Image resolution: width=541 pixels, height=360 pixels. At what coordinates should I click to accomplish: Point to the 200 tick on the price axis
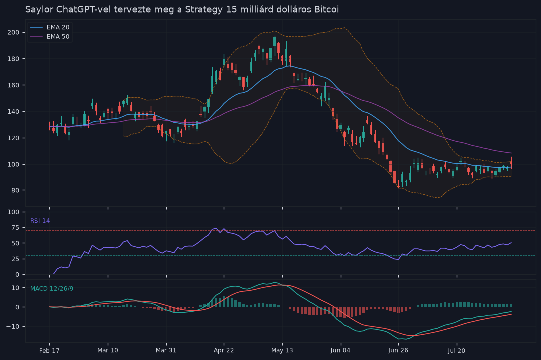[14, 32]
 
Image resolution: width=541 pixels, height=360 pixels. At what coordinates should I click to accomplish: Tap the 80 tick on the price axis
[15, 190]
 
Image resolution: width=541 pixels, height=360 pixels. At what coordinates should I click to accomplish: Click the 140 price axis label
[14, 112]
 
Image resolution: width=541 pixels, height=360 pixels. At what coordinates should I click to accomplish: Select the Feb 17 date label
[49, 351]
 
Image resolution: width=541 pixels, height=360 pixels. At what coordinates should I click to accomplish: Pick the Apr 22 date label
[224, 350]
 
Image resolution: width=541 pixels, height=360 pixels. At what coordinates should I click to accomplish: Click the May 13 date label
[282, 350]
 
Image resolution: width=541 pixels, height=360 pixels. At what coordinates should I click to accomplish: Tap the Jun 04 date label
[340, 350]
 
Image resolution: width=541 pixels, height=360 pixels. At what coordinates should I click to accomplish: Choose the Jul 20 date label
[456, 351]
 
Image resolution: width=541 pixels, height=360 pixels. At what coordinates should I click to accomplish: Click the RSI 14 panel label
[40, 221]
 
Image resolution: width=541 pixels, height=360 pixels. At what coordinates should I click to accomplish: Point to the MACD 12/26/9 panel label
[52, 289]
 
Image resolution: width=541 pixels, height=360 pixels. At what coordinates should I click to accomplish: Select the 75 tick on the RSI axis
[16, 228]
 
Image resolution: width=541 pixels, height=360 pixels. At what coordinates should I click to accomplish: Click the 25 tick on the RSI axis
[16, 259]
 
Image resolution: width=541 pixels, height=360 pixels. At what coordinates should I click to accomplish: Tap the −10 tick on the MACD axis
[13, 326]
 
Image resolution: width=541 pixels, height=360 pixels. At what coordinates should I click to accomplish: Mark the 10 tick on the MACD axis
[16, 288]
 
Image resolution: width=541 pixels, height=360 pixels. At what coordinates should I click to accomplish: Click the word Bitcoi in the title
[326, 9]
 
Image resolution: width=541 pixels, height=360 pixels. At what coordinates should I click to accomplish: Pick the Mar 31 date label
[166, 350]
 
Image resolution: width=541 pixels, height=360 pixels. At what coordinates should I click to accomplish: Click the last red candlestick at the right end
[511, 163]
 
